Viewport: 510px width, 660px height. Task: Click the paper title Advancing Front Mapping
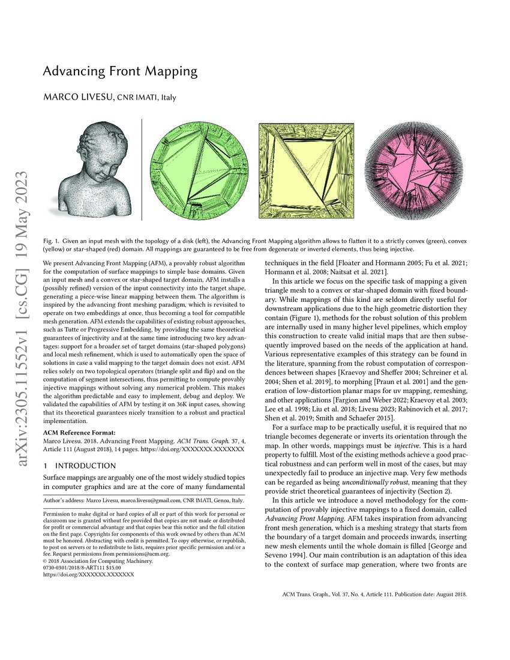pos(120,71)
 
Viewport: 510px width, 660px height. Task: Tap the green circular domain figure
pos(199,167)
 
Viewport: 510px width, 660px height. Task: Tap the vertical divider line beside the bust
pos(141,168)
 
